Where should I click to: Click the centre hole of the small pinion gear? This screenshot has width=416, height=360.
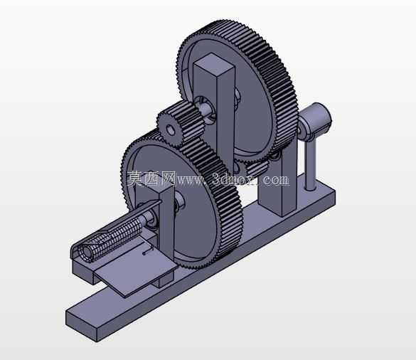click(171, 130)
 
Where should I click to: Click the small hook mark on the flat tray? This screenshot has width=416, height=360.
click(147, 251)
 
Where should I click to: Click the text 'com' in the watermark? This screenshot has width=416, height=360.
click(276, 180)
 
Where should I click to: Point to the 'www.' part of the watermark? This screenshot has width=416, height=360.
click(192, 180)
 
